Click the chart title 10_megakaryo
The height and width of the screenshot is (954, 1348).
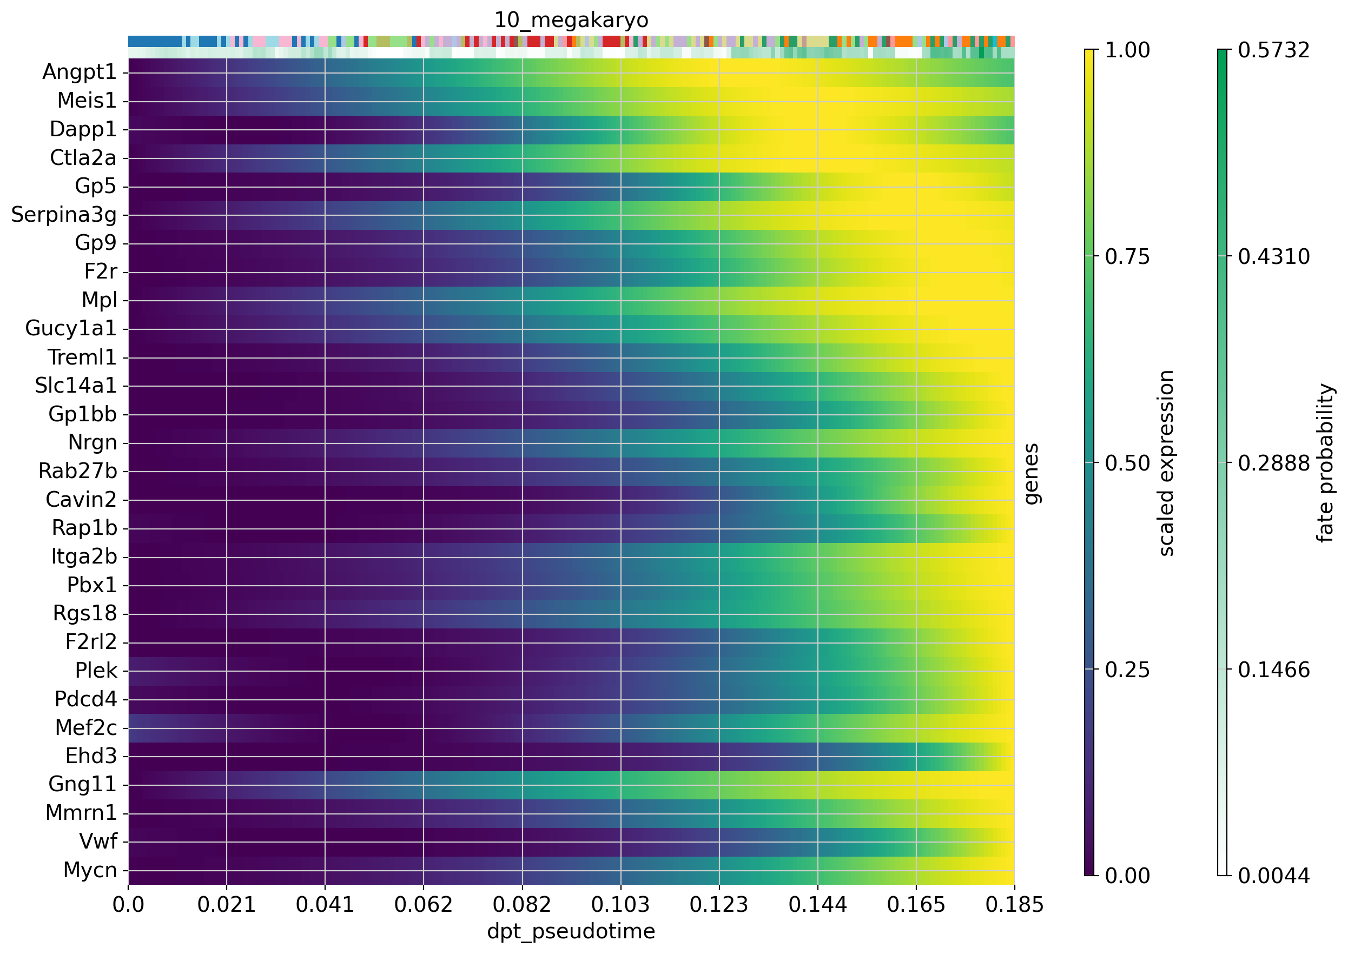click(571, 21)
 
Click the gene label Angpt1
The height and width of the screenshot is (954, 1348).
click(80, 72)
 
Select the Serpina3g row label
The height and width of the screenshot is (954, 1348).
click(64, 215)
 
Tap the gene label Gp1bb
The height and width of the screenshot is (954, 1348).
click(83, 415)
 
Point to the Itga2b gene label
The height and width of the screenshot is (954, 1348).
click(84, 557)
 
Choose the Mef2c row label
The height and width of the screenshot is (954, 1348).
click(87, 728)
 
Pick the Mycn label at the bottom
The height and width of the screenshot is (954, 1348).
click(90, 870)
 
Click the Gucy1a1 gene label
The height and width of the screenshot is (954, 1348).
click(71, 329)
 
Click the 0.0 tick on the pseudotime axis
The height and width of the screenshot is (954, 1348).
click(128, 905)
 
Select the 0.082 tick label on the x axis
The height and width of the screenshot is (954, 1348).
click(522, 905)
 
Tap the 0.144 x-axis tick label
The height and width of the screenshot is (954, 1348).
click(817, 905)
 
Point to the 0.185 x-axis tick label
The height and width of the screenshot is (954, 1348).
click(1014, 905)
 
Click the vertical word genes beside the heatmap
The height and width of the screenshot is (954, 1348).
click(1031, 473)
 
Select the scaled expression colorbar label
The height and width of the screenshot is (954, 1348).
click(1166, 463)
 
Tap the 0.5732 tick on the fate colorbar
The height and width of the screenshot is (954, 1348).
click(1273, 50)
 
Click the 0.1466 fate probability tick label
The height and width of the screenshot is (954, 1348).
click(1273, 670)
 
